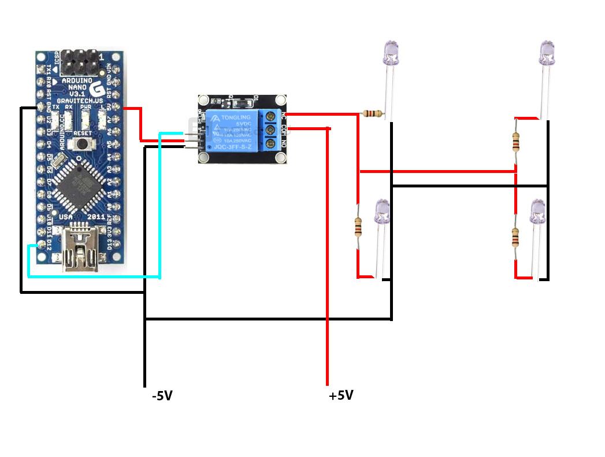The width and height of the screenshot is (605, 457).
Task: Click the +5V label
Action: tap(341, 396)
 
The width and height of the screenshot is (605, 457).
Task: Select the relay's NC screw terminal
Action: tap(270, 115)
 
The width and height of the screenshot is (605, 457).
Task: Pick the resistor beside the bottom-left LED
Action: tap(358, 227)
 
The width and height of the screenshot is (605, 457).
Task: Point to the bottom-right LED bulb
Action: tap(538, 212)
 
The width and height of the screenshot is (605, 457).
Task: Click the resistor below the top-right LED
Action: tap(515, 141)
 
